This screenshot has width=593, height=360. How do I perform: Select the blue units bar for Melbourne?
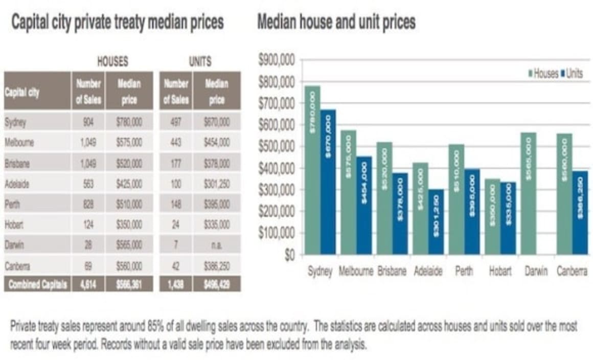pyautogui.click(x=364, y=205)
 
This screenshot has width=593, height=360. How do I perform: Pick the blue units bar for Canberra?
pyautogui.click(x=580, y=212)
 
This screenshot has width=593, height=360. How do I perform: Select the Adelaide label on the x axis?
pyautogui.click(x=428, y=272)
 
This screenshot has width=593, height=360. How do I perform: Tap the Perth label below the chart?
pyautogui.click(x=465, y=272)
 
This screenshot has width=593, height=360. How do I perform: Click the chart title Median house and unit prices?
pyautogui.click(x=336, y=22)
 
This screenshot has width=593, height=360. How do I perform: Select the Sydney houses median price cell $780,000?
pyautogui.click(x=129, y=122)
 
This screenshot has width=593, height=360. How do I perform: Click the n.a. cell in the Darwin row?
pyautogui.click(x=217, y=245)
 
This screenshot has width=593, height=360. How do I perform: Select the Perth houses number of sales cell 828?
pyautogui.click(x=88, y=204)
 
